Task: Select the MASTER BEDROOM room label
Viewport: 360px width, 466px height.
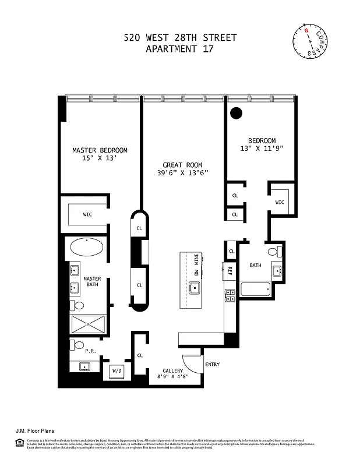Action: [x=100, y=150]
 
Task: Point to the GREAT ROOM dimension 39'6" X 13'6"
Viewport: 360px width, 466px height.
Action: [x=182, y=173]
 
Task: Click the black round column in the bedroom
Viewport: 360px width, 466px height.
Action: [x=236, y=114]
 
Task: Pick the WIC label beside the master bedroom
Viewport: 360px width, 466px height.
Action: [x=87, y=214]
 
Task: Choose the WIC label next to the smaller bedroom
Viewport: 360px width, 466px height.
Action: [x=280, y=202]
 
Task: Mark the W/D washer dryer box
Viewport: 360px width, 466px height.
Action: [x=117, y=370]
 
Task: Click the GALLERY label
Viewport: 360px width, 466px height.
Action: [x=173, y=371]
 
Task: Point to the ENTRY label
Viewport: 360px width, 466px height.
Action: [x=213, y=365]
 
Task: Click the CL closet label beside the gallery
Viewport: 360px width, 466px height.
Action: [x=140, y=355]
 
